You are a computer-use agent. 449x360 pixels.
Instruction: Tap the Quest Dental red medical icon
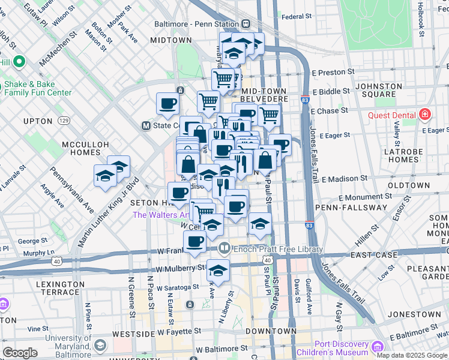click(425, 114)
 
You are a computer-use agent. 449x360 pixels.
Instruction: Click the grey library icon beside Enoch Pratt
click(224, 248)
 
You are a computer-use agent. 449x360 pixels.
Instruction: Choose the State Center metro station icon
click(145, 126)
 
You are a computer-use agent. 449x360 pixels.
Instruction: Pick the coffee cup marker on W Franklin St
click(194, 242)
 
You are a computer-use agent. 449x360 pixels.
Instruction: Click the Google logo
click(20, 353)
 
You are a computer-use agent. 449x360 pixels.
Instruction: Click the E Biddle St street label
click(331, 92)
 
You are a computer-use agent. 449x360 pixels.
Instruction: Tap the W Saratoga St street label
click(176, 287)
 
